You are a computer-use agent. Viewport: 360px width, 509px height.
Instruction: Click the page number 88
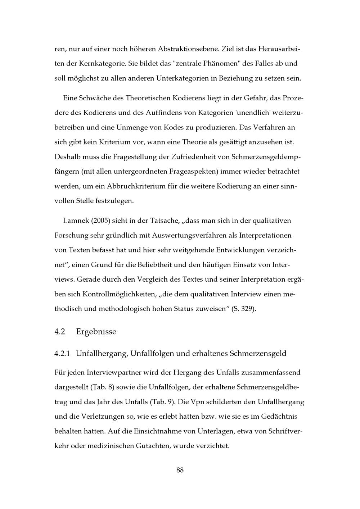coord(180,470)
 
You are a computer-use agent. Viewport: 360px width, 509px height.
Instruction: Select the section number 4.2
coord(60,332)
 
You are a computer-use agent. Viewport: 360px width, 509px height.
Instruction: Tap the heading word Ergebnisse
coord(96,332)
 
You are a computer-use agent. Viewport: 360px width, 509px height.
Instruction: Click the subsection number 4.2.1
coord(63,354)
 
